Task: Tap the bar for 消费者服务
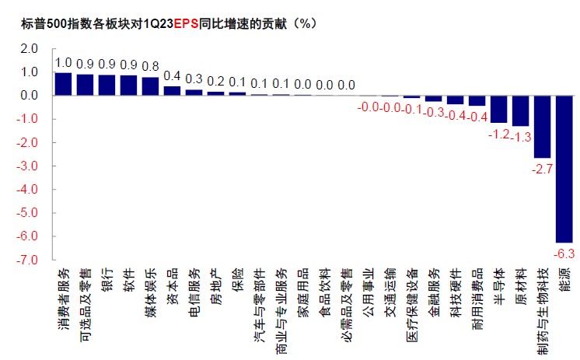pyautogui.click(x=63, y=84)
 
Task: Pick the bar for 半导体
pyautogui.click(x=498, y=110)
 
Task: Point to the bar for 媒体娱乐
pyautogui.click(x=150, y=86)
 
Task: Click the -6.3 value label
pyautogui.click(x=564, y=253)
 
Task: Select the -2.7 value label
pyautogui.click(x=542, y=167)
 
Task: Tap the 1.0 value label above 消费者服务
pyautogui.click(x=63, y=63)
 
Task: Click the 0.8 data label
pyautogui.click(x=150, y=67)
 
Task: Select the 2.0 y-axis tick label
pyautogui.click(x=29, y=48)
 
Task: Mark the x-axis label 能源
pyautogui.click(x=564, y=281)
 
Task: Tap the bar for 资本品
pyautogui.click(x=172, y=91)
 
